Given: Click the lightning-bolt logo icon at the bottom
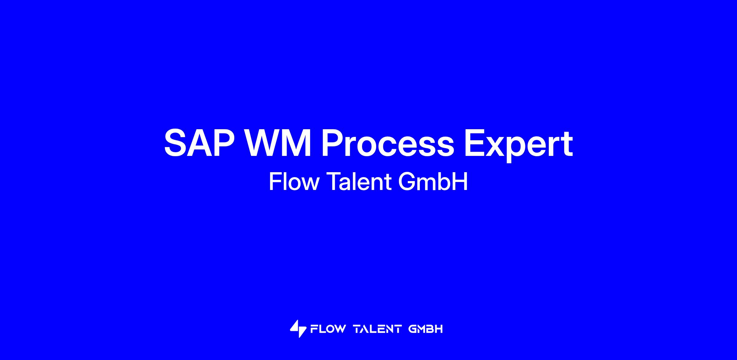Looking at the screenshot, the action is coord(298,329).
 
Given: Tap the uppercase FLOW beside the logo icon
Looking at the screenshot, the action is coord(328,329).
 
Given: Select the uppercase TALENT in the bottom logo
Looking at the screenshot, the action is coord(377,329).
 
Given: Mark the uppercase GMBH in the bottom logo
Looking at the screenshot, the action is coord(426,329).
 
